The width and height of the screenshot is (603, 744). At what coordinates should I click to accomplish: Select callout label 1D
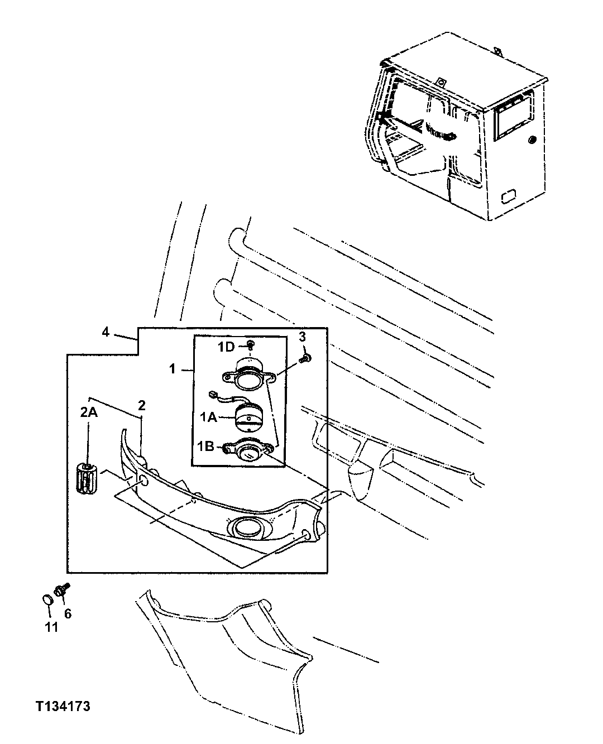226,347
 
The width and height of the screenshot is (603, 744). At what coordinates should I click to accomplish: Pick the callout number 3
302,337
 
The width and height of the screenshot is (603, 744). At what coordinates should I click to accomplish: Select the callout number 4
105,332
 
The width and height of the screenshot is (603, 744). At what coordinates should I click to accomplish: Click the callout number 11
51,627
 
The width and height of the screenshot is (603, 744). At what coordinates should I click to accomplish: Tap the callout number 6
68,614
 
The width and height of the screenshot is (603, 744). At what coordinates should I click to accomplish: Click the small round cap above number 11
48,599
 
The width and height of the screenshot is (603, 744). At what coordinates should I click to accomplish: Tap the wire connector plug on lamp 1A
212,394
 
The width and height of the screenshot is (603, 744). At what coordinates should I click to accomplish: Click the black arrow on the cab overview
383,117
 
